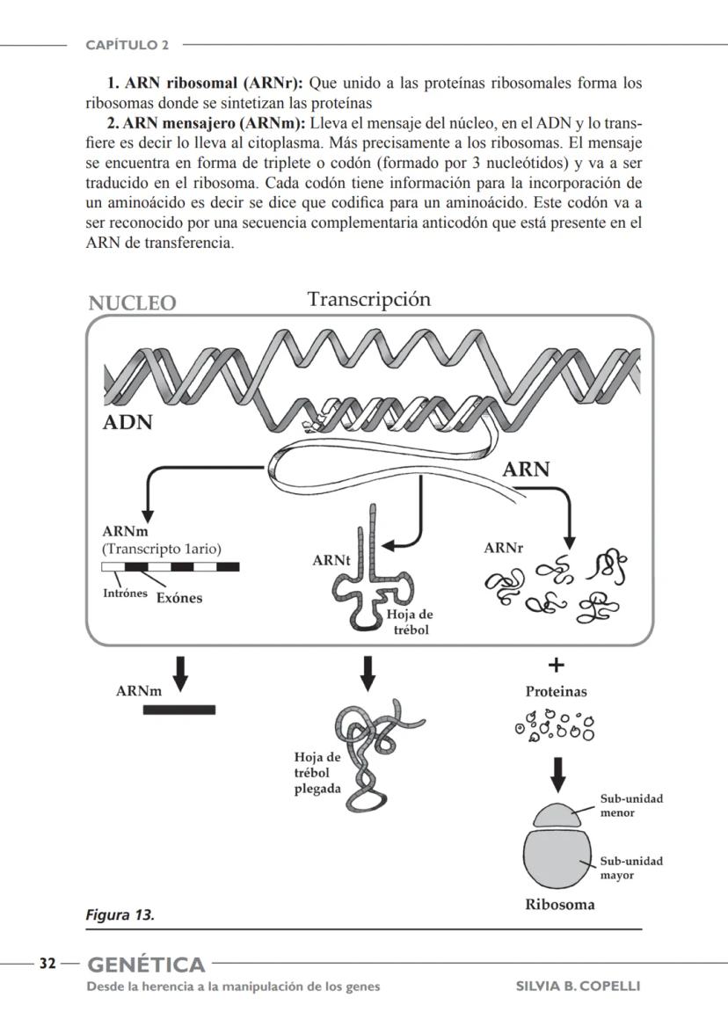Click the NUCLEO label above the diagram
132,303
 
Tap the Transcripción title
369,300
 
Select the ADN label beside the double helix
127,423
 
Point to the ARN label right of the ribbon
526,470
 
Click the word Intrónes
126,592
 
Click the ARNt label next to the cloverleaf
331,560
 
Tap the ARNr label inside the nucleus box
503,548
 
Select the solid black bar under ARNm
178,709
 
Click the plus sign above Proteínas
557,666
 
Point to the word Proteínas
556,692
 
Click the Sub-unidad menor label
630,805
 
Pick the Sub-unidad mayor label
631,868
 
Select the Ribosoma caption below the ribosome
559,905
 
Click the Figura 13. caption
120,914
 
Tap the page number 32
47,964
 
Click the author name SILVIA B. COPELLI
578,986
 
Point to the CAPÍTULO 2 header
127,44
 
